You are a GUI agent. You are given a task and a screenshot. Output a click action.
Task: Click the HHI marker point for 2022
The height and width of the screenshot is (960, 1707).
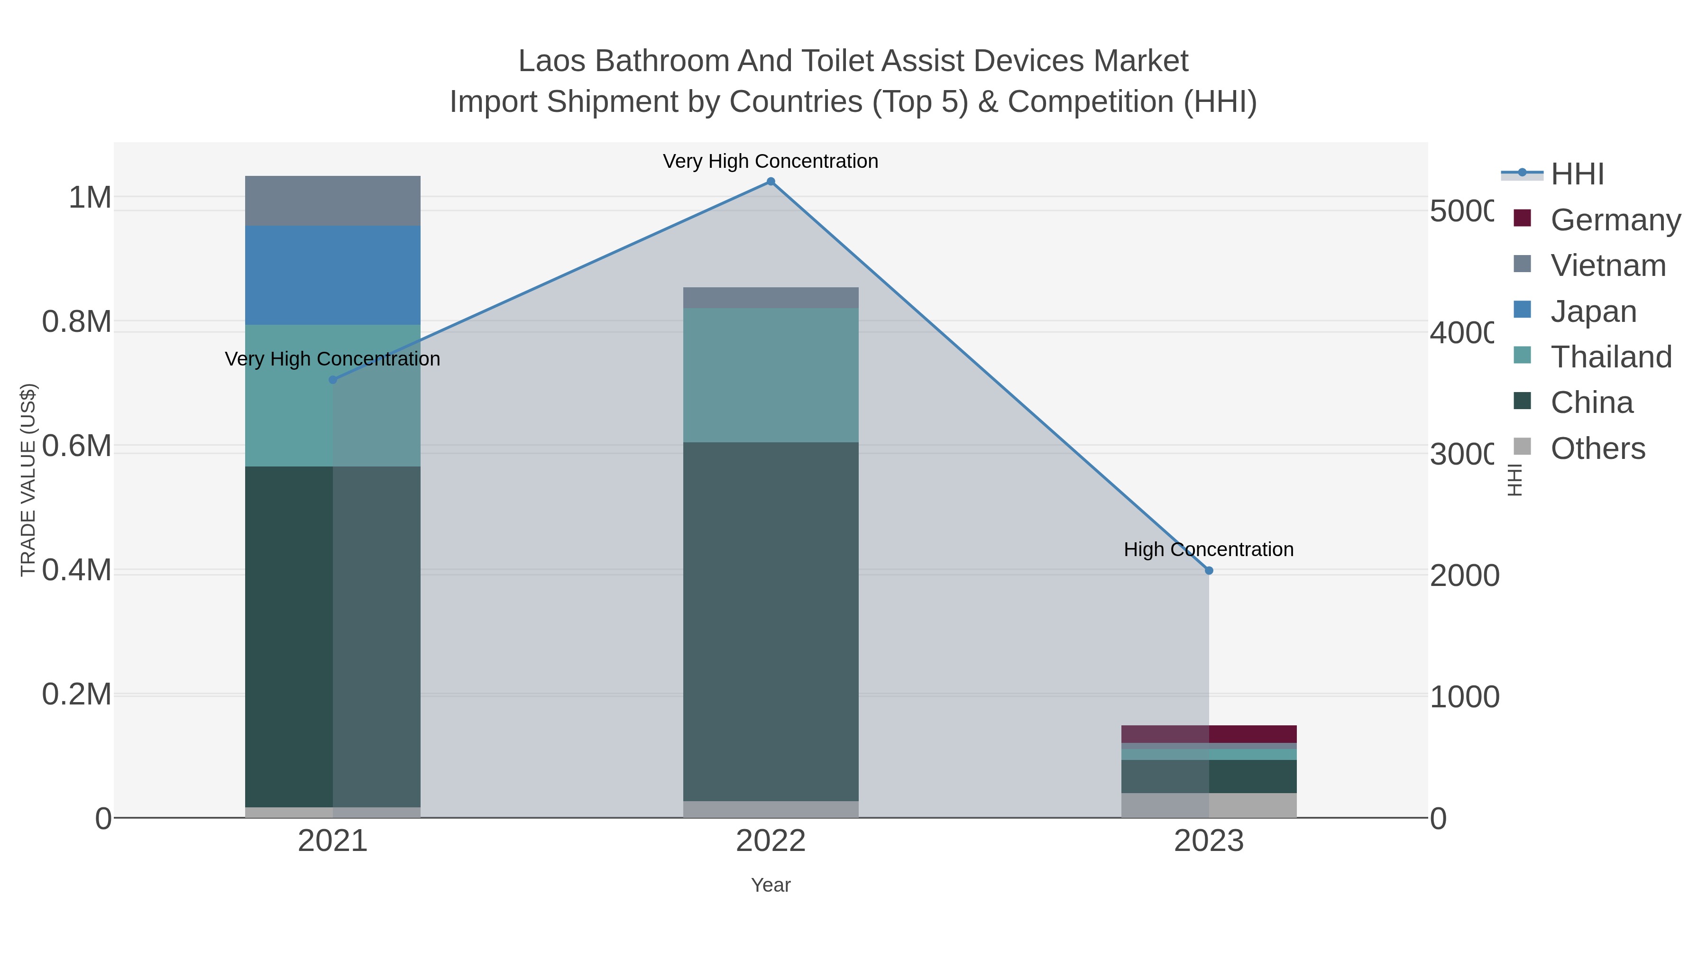[771, 182]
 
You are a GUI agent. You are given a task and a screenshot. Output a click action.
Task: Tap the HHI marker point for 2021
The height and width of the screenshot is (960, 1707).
[333, 380]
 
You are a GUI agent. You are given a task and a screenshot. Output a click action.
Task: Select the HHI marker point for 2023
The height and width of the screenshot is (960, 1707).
[1209, 570]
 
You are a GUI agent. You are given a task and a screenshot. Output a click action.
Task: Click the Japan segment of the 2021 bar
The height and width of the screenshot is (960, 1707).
[333, 275]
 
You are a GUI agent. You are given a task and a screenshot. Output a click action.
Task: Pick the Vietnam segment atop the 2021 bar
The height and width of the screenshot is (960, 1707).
[333, 201]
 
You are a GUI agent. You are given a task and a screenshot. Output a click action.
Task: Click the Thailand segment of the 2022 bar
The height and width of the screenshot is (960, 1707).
[771, 375]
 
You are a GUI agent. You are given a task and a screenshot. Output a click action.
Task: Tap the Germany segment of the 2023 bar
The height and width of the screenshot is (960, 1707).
[1209, 734]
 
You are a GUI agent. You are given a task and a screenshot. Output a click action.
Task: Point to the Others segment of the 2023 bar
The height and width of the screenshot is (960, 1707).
[1209, 805]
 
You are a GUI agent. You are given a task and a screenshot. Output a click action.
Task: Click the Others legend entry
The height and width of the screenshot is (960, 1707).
[1597, 448]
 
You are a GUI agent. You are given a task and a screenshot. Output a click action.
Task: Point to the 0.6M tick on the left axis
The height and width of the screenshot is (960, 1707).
[76, 446]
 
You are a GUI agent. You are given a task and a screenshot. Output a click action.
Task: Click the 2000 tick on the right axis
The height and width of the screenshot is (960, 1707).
[1464, 575]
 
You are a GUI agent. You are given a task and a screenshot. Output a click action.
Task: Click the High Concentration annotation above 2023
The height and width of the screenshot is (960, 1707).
[1208, 549]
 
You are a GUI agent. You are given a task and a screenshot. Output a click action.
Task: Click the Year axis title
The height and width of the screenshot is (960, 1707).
[771, 885]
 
